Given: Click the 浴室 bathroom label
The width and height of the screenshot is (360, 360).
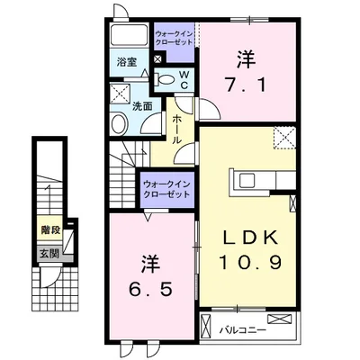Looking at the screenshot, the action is (x=127, y=62).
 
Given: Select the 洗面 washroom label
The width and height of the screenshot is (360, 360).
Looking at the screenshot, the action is (x=142, y=106).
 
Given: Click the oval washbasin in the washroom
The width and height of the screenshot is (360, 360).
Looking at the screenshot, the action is (x=120, y=123).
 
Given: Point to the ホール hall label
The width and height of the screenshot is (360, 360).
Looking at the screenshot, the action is (x=177, y=130).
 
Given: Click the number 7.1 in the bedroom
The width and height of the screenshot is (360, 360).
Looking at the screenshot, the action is (x=246, y=85).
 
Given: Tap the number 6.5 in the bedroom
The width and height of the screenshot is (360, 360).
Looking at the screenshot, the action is (x=151, y=289).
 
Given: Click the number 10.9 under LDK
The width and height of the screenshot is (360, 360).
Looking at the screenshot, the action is (x=251, y=262).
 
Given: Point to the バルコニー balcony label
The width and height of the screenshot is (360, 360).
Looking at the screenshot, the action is (x=243, y=330).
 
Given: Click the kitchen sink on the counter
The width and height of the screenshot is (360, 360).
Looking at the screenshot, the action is (x=247, y=181).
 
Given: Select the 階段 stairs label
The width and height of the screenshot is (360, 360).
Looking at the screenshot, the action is (x=50, y=230).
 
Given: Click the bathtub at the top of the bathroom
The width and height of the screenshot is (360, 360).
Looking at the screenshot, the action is (x=129, y=36).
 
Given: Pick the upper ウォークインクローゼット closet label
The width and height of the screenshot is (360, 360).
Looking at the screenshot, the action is (x=174, y=38).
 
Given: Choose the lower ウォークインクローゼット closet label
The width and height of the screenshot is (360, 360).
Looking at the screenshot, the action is (x=166, y=189).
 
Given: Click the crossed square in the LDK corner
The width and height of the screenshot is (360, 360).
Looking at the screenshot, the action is (x=284, y=138).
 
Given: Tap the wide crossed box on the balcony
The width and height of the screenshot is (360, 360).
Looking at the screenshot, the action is (x=279, y=319).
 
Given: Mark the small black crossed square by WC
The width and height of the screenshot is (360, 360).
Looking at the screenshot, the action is (x=158, y=58).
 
